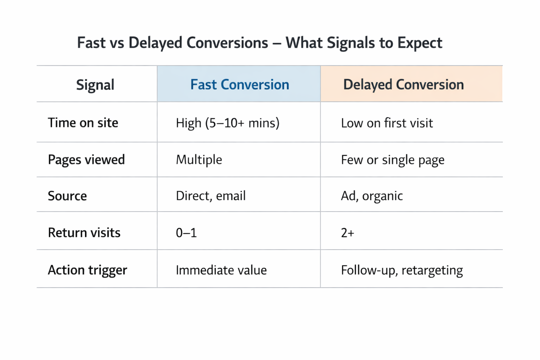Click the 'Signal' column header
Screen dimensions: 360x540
click(x=95, y=85)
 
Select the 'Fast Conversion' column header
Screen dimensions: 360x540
click(x=239, y=85)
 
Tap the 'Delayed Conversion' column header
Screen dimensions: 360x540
click(x=403, y=85)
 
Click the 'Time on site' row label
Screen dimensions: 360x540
click(x=83, y=123)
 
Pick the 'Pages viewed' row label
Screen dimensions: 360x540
click(x=86, y=160)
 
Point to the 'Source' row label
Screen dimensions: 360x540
click(x=67, y=196)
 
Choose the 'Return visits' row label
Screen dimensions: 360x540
click(x=84, y=233)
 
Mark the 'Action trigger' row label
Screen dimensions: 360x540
click(x=87, y=270)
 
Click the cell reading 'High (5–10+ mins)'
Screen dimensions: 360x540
click(x=227, y=123)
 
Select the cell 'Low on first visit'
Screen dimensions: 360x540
click(x=387, y=123)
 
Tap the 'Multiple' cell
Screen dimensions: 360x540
click(x=199, y=160)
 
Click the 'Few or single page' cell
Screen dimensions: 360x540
click(x=392, y=160)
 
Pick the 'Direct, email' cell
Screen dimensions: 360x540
click(x=211, y=196)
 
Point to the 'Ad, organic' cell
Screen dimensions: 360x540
click(x=372, y=196)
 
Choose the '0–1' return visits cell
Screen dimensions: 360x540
click(x=186, y=233)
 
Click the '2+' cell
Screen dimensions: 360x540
click(x=347, y=233)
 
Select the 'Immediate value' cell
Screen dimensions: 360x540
click(x=221, y=270)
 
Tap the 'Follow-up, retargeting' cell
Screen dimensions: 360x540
click(x=401, y=270)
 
